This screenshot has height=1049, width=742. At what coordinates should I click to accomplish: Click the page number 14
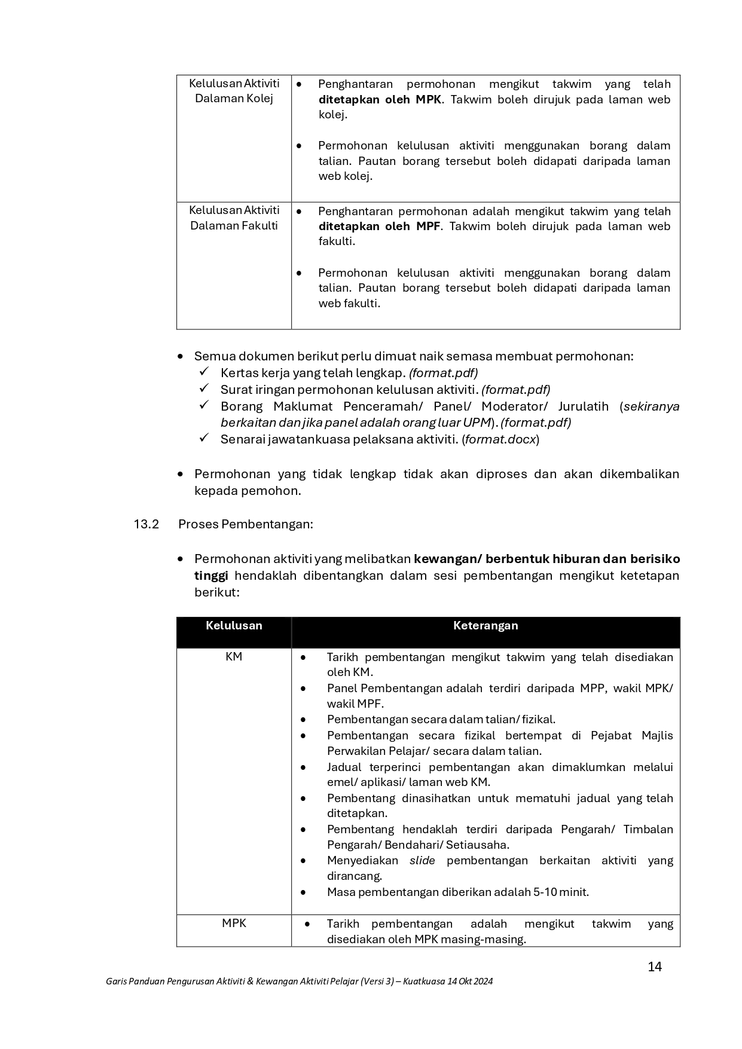point(655,967)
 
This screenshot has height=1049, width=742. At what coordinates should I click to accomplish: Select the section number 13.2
point(146,524)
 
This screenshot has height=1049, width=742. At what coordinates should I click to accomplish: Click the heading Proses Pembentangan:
point(246,524)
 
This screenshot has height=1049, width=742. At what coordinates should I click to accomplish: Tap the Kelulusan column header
point(234,626)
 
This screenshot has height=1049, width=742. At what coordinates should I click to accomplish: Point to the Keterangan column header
point(485,626)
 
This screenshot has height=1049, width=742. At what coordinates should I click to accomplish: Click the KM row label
point(234,656)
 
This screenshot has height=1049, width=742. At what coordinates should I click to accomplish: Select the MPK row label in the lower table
point(234,923)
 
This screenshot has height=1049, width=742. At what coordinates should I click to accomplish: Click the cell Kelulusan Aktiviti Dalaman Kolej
point(234,91)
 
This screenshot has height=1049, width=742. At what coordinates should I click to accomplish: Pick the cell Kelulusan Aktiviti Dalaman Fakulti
point(234,218)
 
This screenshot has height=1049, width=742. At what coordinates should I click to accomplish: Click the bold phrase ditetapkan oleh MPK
point(380,99)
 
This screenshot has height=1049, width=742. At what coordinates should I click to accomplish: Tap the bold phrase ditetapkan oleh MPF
point(379,226)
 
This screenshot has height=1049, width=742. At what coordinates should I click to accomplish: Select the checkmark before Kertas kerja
point(204,372)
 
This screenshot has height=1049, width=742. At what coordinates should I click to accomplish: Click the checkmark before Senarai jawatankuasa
point(204,439)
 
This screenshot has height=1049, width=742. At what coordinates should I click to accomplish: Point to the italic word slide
point(422,860)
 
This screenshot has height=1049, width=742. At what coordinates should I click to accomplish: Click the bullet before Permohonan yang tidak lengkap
point(181,475)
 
